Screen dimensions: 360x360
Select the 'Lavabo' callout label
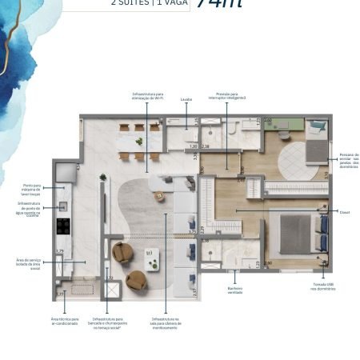coord(186,102)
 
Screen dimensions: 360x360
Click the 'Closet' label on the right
coord(344,213)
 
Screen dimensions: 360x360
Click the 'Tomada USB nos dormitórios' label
coord(324,286)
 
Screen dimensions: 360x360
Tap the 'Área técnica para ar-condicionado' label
coord(65,322)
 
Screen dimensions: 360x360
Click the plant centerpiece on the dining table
coord(140,142)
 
